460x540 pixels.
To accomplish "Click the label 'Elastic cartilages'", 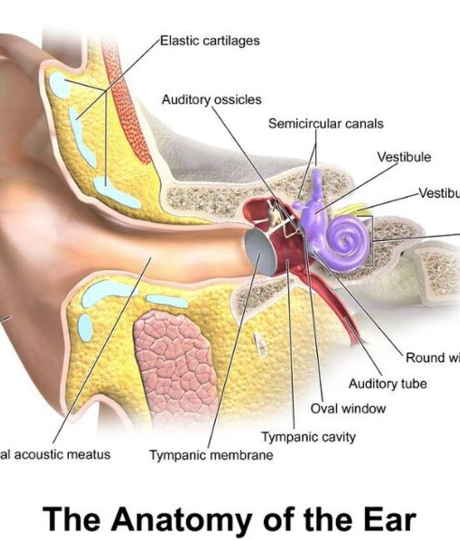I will (x=210, y=41).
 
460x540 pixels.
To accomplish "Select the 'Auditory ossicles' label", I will (x=211, y=100).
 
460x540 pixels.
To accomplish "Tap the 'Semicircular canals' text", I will (x=326, y=123).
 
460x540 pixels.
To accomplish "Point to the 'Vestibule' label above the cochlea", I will (x=404, y=157).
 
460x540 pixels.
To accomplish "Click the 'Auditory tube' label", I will (x=387, y=384).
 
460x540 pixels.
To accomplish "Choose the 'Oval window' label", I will (x=348, y=408).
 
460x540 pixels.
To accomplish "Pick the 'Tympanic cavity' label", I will (x=309, y=437).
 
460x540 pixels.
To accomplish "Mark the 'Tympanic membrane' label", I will (x=211, y=455).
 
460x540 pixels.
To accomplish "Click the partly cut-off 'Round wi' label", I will (x=433, y=358).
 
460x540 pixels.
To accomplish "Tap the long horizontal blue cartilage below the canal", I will (x=109, y=293).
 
